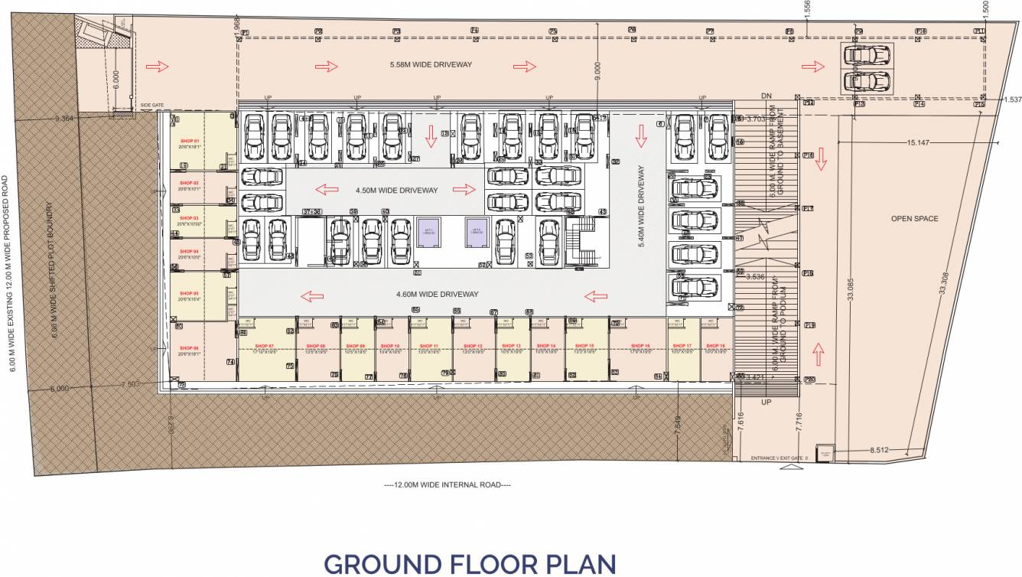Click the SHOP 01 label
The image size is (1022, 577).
pyautogui.click(x=190, y=142)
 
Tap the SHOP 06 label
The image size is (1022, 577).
pyautogui.click(x=190, y=348)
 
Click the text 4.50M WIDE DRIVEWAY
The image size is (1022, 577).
pyautogui.click(x=396, y=190)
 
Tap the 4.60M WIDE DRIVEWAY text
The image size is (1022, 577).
pyautogui.click(x=437, y=294)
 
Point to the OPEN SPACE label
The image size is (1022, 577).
pyautogui.click(x=914, y=219)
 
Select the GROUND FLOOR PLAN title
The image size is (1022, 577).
pyautogui.click(x=470, y=563)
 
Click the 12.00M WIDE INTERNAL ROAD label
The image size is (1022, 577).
pyautogui.click(x=447, y=484)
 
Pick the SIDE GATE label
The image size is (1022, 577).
pyautogui.click(x=152, y=106)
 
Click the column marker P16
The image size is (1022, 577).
pyautogui.click(x=807, y=273)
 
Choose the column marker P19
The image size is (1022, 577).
pyautogui.click(x=809, y=326)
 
